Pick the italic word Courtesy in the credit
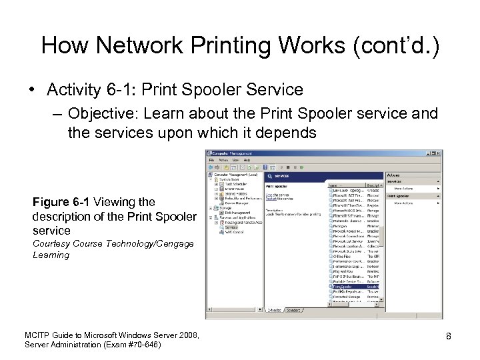(x=51, y=244)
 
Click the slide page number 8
(x=449, y=337)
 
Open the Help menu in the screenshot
(x=247, y=161)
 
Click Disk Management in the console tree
(x=233, y=213)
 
